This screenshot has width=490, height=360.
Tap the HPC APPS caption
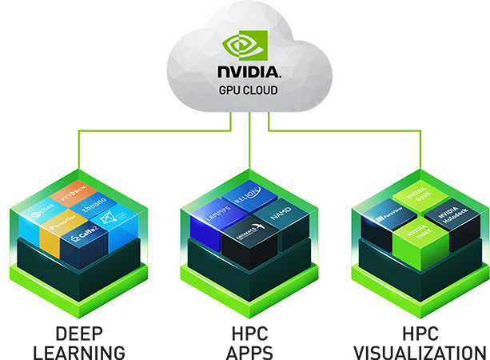(x=245, y=342)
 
